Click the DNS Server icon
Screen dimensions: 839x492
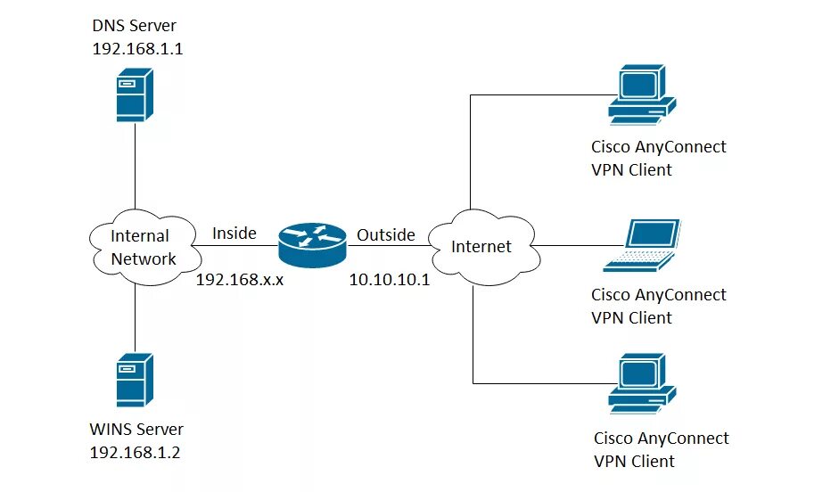tap(135, 94)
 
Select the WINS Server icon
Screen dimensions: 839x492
tap(135, 380)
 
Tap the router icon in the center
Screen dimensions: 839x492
tap(312, 245)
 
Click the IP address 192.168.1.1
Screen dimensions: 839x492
tap(137, 49)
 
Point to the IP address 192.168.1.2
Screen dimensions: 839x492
tap(135, 453)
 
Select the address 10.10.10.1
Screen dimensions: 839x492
tap(390, 280)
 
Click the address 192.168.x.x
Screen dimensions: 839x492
tap(239, 280)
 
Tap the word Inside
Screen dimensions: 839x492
tap(234, 234)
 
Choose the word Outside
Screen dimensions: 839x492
tap(386, 234)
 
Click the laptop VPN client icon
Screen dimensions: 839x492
tap(642, 245)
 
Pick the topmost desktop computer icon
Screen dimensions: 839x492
tap(642, 95)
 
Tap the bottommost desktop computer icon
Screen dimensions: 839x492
tap(642, 383)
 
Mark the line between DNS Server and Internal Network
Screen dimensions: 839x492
tap(135, 166)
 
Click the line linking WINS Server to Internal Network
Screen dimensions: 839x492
tap(135, 319)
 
